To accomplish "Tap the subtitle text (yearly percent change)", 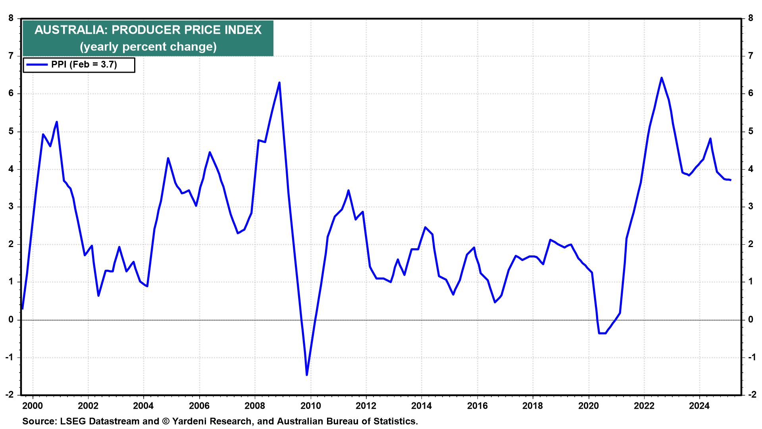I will [x=148, y=47].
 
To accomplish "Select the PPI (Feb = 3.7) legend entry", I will [x=84, y=65].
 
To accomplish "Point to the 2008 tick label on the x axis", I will [x=254, y=406].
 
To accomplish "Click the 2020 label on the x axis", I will [x=588, y=406].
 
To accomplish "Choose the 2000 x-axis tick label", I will [x=33, y=406].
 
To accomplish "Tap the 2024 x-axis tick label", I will [x=699, y=406].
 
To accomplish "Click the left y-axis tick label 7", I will [x=11, y=56].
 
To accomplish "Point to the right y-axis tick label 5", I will [x=750, y=131].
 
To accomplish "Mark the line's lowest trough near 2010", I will [x=307, y=375].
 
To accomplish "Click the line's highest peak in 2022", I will [x=661, y=78].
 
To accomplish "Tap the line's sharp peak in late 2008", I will [x=279, y=83].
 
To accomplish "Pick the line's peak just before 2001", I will [x=57, y=122].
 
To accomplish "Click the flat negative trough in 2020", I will [x=602, y=333].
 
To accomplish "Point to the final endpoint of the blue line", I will [x=730, y=180].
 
